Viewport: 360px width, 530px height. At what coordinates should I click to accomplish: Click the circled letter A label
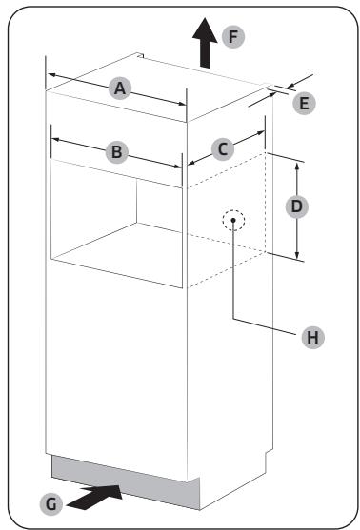(x=119, y=88)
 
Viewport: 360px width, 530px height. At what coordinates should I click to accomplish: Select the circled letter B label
(x=115, y=150)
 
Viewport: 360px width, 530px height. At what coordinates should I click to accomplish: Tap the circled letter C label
(x=222, y=148)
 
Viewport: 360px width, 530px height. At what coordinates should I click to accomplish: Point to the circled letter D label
(x=297, y=206)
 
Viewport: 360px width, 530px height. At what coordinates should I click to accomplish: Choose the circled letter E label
(x=304, y=103)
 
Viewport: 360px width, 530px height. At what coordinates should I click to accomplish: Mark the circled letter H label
(x=310, y=336)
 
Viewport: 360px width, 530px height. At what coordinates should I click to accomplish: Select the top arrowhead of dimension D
(x=297, y=164)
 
